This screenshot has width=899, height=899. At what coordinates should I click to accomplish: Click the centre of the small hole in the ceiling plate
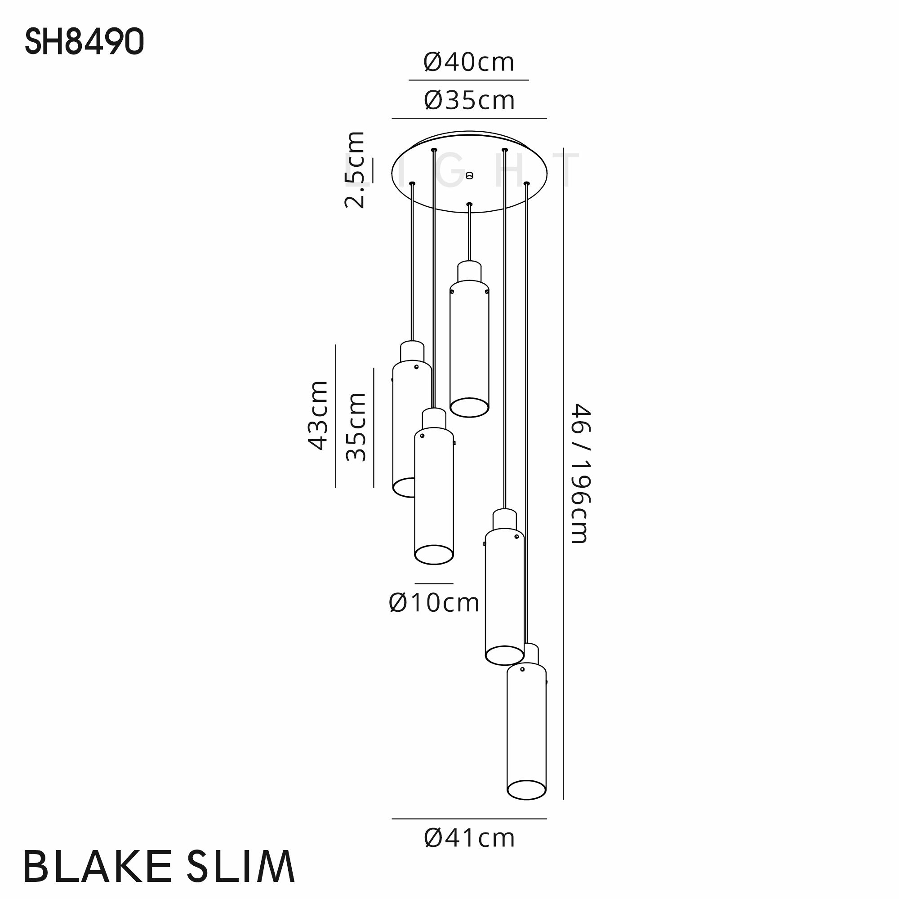469,175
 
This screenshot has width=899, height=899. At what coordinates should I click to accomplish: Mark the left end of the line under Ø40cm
409,80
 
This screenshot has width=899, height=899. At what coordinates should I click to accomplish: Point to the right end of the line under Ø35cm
546,118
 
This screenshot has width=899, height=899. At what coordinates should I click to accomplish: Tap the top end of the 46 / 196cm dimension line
564,148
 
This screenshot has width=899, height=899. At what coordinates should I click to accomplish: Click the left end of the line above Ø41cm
392,819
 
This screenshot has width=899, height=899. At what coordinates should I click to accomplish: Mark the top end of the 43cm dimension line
335,345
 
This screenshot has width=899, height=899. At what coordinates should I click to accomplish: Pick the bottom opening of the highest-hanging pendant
469,408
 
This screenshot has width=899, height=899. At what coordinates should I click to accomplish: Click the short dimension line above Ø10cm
434,583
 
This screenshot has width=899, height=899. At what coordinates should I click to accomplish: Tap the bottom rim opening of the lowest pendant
527,790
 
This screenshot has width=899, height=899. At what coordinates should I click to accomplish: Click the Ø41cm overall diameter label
469,838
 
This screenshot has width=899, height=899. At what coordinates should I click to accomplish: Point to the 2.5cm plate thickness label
355,169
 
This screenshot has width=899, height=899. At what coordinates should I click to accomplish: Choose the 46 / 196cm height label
580,473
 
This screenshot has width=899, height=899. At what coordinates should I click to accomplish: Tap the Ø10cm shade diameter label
434,603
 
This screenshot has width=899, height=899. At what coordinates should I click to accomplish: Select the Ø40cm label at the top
469,62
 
